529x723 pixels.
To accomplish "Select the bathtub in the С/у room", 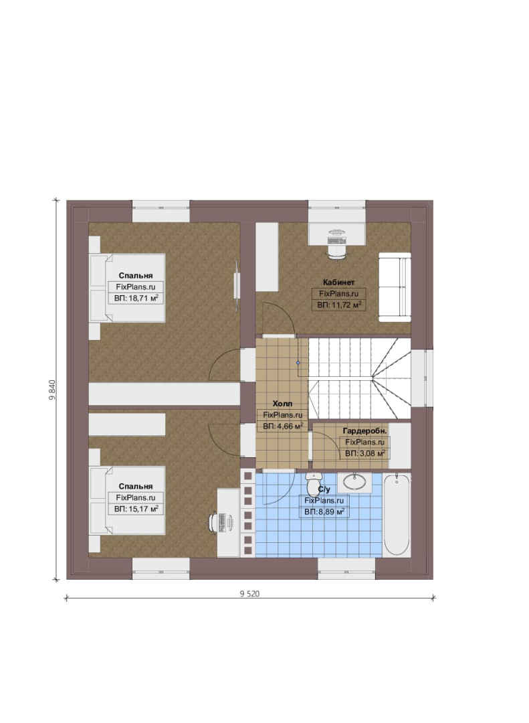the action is pyautogui.click(x=397, y=515).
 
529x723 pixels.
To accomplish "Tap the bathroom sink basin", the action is pyautogui.click(x=355, y=482).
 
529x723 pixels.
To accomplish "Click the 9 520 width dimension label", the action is pyautogui.click(x=249, y=594).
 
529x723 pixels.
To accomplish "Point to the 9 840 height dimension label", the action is pyautogui.click(x=53, y=390).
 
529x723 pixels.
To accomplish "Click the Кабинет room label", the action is pyautogui.click(x=338, y=283).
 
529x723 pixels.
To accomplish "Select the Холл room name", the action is pyautogui.click(x=282, y=404).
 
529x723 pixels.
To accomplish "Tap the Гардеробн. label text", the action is pyautogui.click(x=364, y=430).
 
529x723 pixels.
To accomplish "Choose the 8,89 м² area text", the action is pyautogui.click(x=331, y=511).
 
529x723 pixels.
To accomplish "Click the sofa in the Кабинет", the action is pyautogui.click(x=395, y=287).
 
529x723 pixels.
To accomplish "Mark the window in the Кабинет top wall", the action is pyautogui.click(x=337, y=212).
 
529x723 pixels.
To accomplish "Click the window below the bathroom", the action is pyautogui.click(x=346, y=568).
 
